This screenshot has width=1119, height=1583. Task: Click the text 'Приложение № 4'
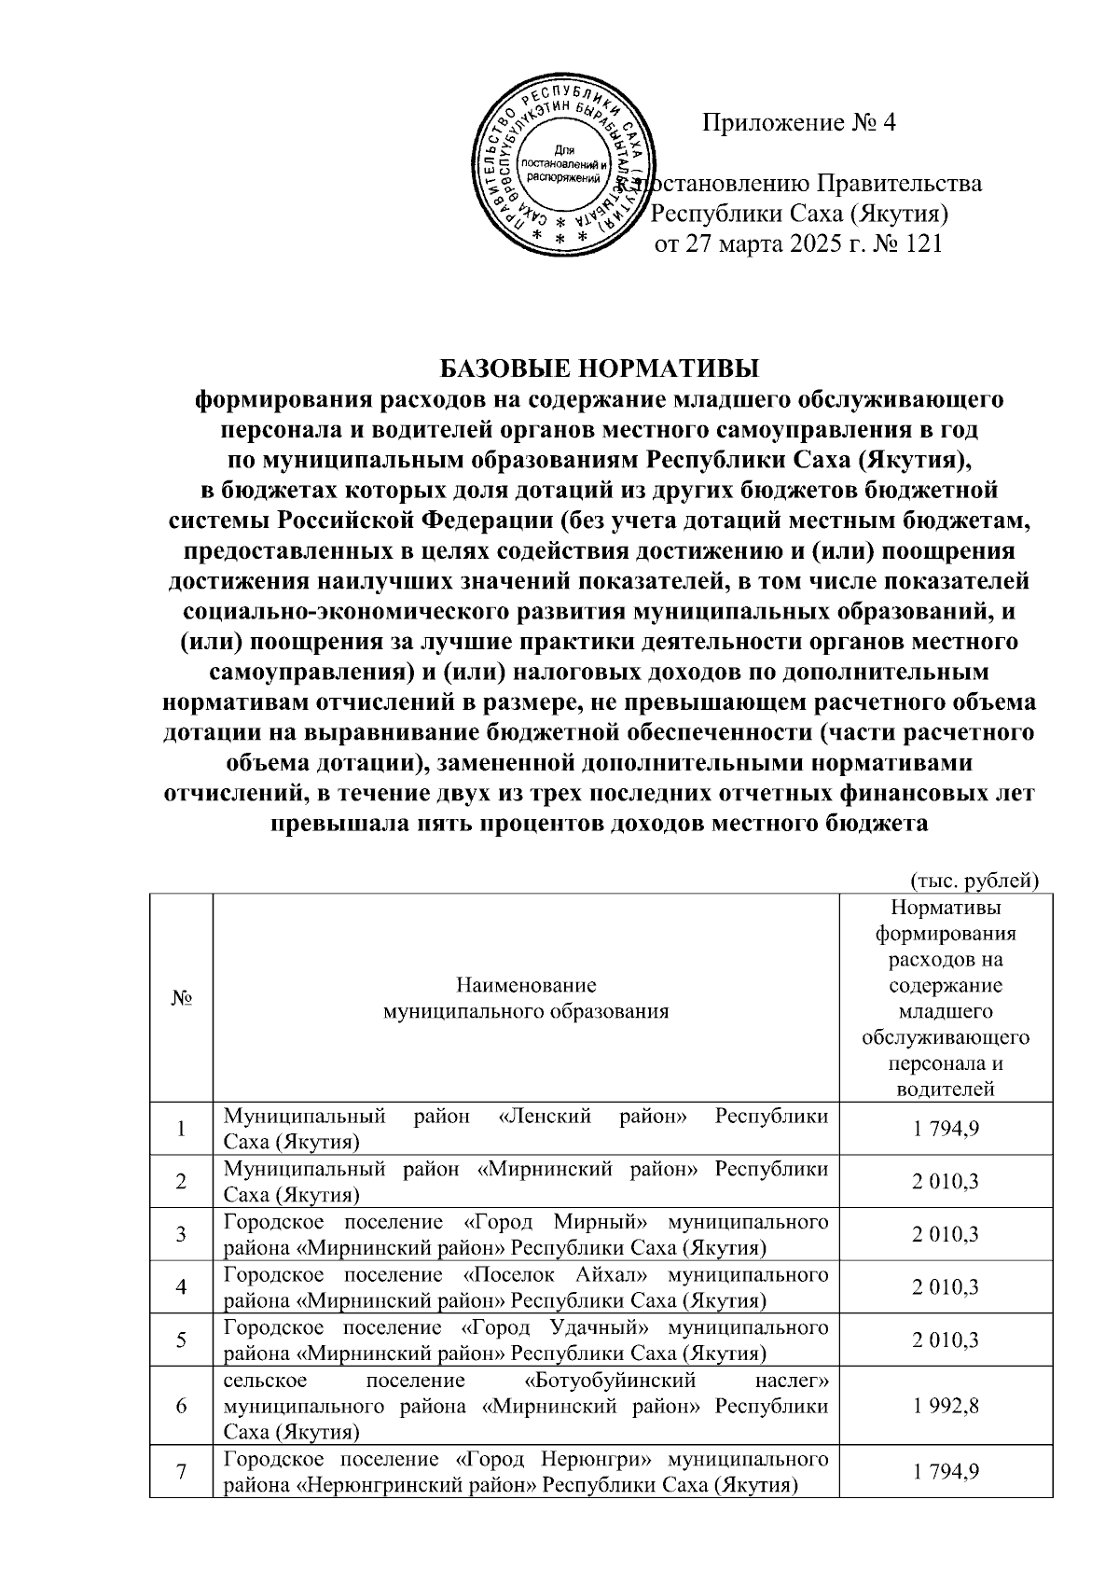click(798, 123)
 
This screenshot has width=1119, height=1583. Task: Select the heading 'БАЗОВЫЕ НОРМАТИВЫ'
click(599, 366)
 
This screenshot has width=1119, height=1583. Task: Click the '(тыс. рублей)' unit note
click(974, 879)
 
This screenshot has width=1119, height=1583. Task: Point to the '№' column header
click(180, 998)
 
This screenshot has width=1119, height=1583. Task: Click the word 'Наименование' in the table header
click(526, 985)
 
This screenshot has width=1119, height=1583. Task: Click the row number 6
click(180, 1406)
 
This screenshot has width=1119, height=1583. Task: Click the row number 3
click(180, 1234)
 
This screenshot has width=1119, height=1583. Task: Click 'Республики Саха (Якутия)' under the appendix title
click(798, 215)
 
